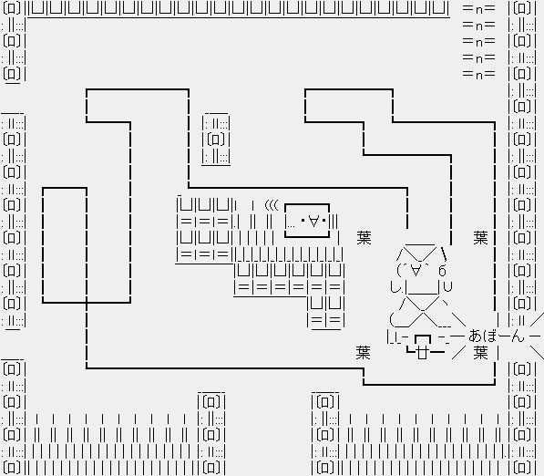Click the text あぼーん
point(496,336)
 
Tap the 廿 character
point(422,353)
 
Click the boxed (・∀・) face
point(307,221)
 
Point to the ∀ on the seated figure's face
point(416,270)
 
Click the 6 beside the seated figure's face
point(442,271)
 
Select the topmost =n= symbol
point(478,9)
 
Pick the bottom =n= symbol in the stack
point(478,74)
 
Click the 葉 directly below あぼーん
point(481,353)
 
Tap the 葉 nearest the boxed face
point(364,238)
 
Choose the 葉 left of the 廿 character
point(364,353)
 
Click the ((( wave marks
point(272,205)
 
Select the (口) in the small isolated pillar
point(215,140)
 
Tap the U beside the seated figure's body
point(448,287)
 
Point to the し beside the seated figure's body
point(395,287)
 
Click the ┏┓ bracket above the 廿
point(423,339)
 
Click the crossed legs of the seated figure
point(422,312)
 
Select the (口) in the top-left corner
point(12,7)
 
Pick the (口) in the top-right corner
point(522,7)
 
